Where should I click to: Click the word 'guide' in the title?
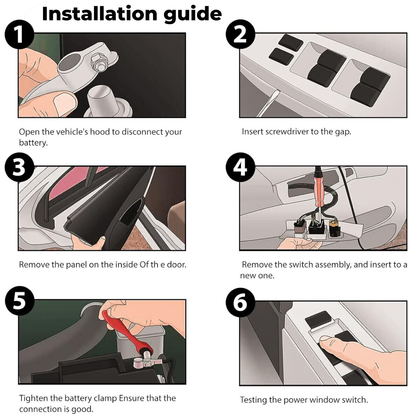(x=192, y=14)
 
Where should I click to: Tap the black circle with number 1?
(x=19, y=35)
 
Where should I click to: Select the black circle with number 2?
(x=240, y=35)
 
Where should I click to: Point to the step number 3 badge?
(x=19, y=167)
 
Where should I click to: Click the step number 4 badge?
(x=240, y=167)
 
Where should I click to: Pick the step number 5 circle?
(x=19, y=301)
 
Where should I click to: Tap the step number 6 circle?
(x=240, y=302)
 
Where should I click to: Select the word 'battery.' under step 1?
(x=33, y=143)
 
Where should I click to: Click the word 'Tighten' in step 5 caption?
(x=34, y=398)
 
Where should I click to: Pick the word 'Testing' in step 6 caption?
(x=253, y=400)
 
